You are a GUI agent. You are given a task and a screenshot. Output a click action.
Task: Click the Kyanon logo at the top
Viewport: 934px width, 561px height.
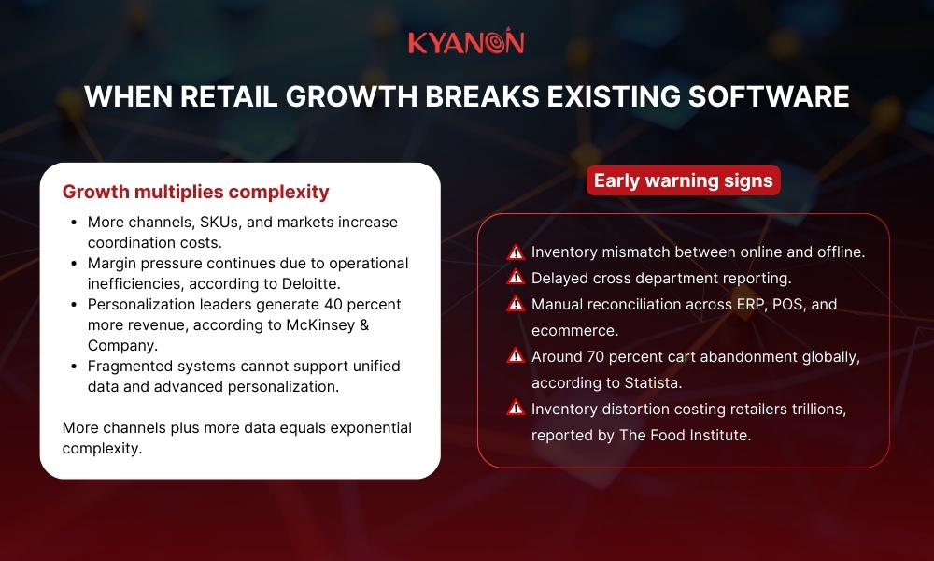click(466, 43)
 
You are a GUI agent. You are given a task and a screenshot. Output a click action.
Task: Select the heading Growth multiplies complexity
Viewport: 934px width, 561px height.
click(195, 192)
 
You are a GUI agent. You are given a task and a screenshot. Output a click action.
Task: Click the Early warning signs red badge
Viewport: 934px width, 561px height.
click(683, 180)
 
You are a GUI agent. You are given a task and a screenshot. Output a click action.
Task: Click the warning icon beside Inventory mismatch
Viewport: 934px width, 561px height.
click(515, 252)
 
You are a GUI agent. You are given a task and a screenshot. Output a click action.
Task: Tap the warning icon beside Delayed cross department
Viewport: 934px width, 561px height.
click(515, 279)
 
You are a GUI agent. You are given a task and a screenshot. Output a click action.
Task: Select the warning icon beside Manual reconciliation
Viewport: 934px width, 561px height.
click(515, 305)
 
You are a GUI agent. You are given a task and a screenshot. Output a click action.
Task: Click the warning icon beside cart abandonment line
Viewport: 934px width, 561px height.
click(515, 356)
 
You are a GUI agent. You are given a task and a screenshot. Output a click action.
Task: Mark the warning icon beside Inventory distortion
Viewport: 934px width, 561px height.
click(515, 409)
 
